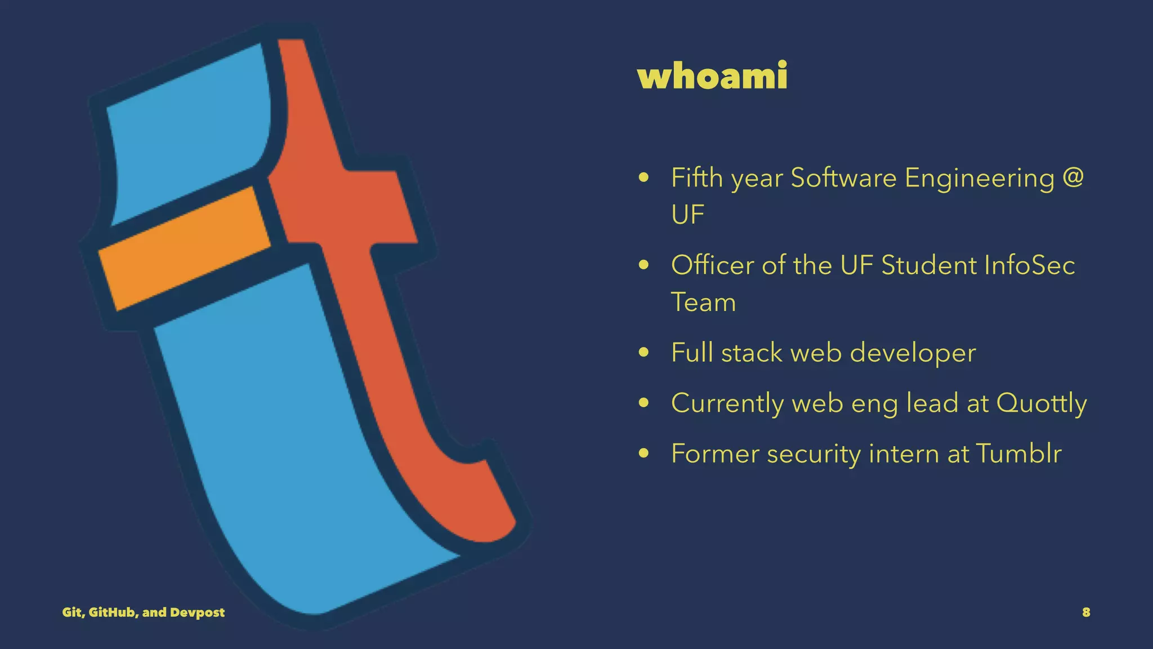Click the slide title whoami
(712, 76)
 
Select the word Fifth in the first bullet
(697, 178)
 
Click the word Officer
(712, 265)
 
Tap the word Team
(703, 303)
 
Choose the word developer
(913, 354)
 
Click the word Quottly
(1042, 403)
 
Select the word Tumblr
(1018, 454)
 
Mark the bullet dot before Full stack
(645, 353)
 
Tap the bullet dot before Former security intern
(645, 454)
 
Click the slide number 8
(1086, 612)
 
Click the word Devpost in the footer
(197, 612)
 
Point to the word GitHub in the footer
(111, 612)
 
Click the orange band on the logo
(183, 248)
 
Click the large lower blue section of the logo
(281, 451)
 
